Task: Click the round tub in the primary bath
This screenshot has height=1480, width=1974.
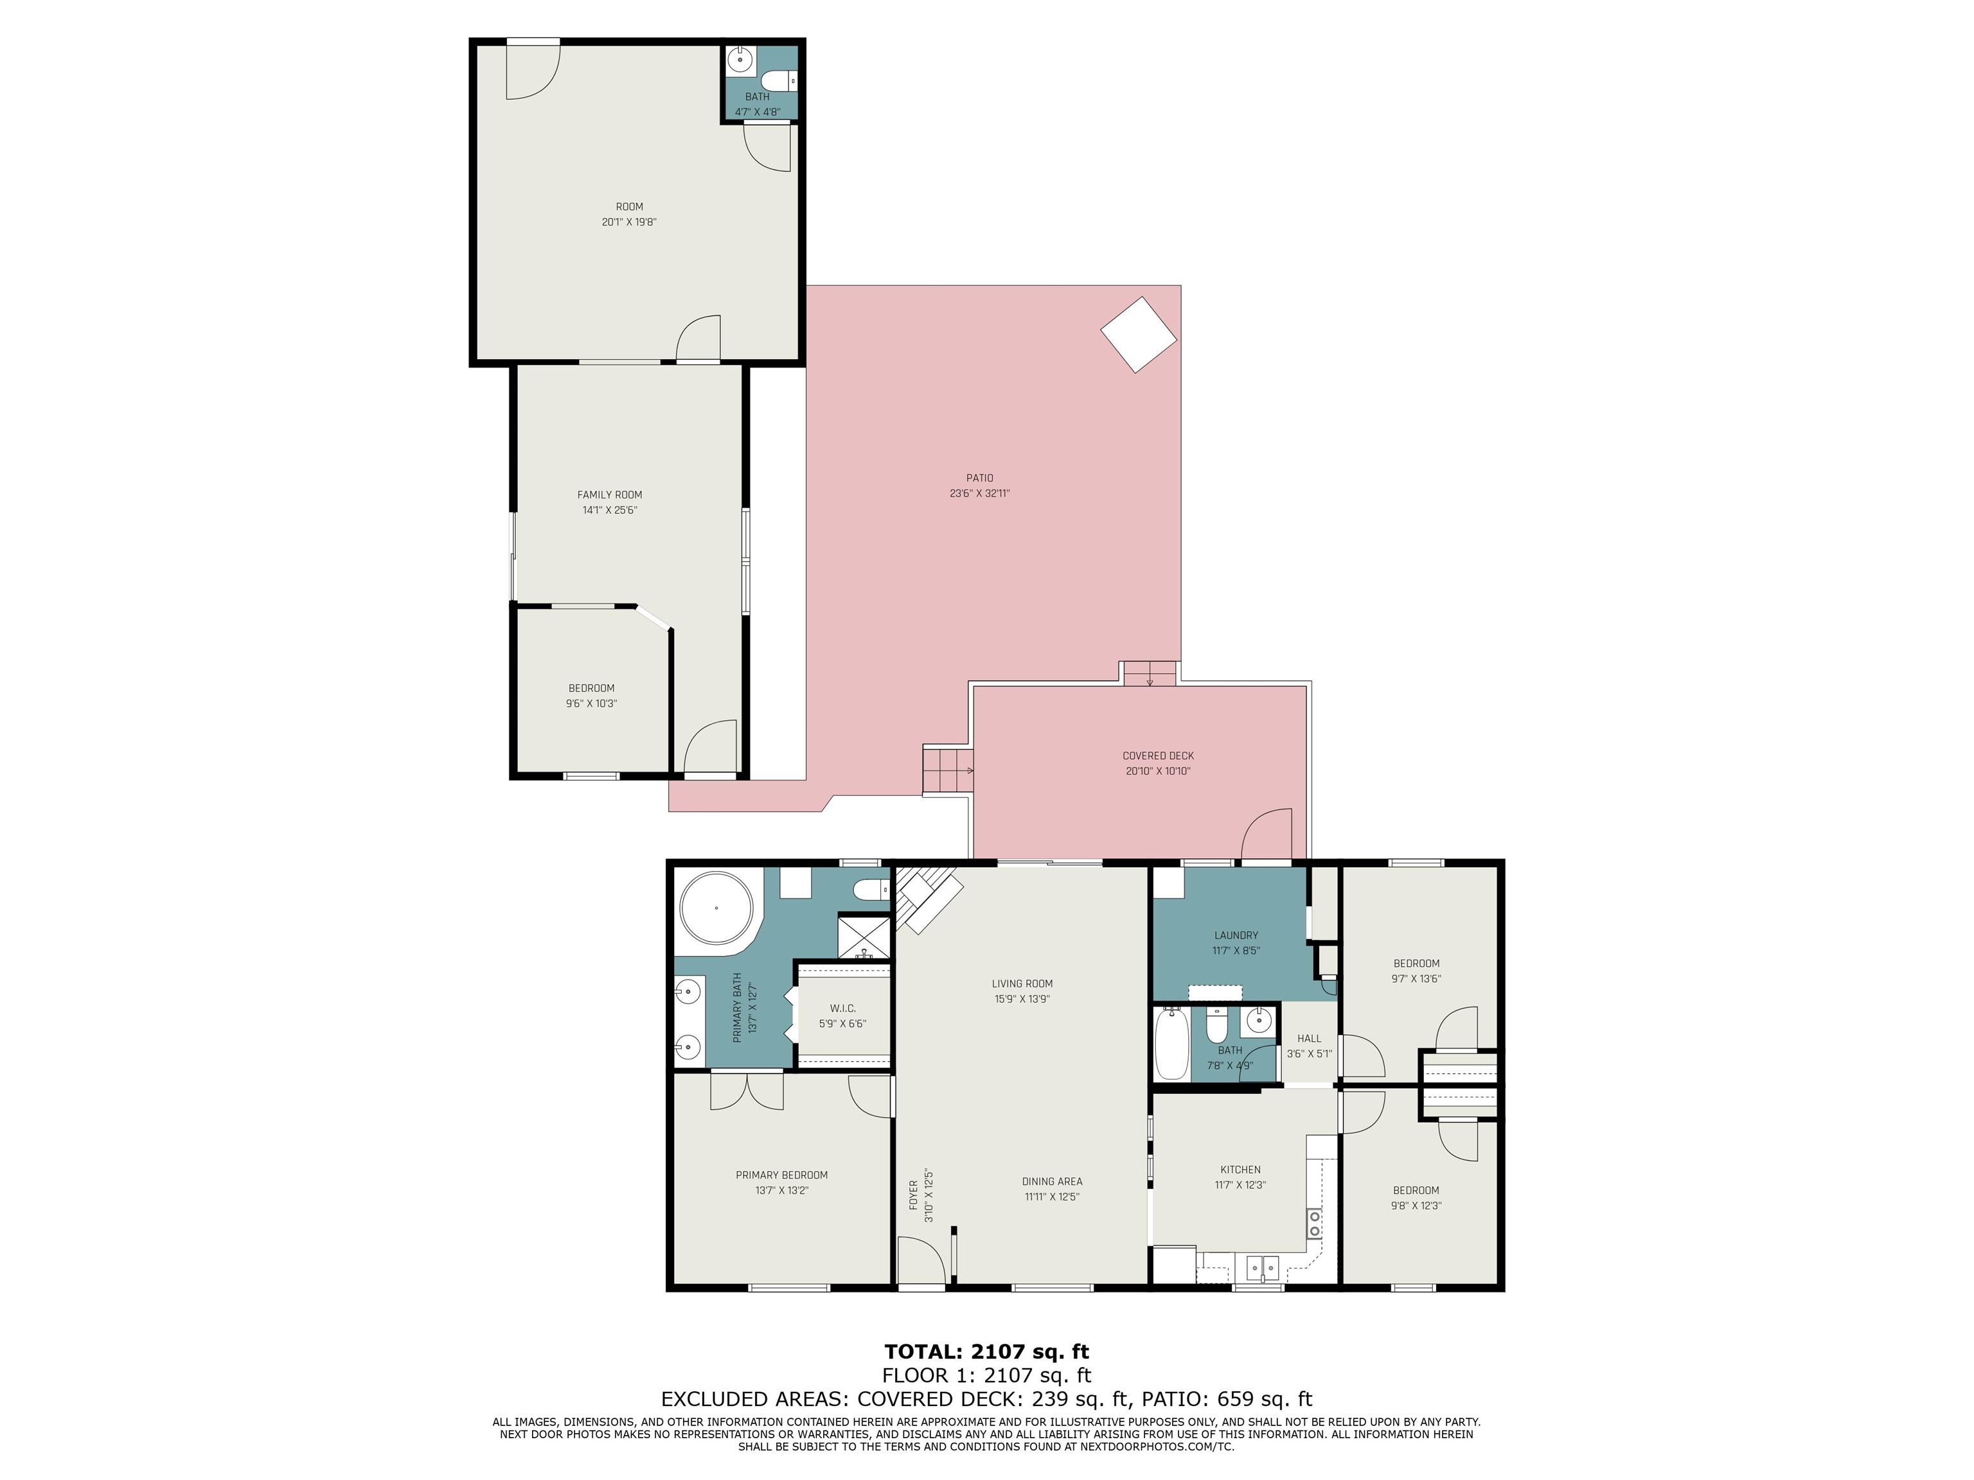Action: point(716,908)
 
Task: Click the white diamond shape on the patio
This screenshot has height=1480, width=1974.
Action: point(1138,333)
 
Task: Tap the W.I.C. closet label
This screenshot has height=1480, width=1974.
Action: point(842,1008)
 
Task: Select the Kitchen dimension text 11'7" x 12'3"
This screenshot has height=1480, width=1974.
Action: point(1240,1185)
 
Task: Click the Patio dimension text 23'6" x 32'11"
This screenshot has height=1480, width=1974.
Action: point(979,493)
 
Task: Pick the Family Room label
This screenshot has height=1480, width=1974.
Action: point(610,494)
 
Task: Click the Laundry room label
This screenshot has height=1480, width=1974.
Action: point(1236,935)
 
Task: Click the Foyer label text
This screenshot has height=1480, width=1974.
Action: point(913,1195)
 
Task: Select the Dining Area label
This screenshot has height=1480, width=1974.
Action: point(1052,1181)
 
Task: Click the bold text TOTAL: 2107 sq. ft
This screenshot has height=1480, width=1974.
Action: point(986,1352)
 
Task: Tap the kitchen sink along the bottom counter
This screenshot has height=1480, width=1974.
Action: point(1263,1267)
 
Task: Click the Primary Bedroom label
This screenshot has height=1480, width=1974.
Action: point(782,1175)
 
